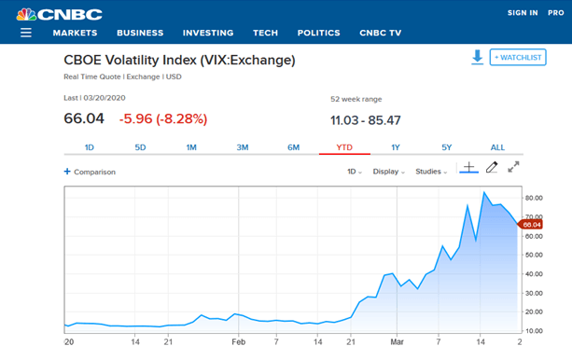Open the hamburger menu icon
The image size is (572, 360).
pos(26,33)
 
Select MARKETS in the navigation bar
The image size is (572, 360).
pos(75,33)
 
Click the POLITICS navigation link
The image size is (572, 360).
pos(318,33)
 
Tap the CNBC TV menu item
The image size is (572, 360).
pos(380,33)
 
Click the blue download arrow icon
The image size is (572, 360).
pos(477,58)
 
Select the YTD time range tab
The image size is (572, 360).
pos(344,147)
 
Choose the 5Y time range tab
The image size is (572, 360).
pos(446,147)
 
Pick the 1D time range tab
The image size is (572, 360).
pos(90,147)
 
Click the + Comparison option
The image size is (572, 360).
pos(90,172)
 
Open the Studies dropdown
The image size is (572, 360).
pos(431,172)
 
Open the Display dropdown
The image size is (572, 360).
pos(388,172)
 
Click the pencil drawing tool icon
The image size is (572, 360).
pos(492,168)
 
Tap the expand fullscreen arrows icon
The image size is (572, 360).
pos(513,168)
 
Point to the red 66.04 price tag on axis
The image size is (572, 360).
pos(531,224)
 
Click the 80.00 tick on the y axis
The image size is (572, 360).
pos(534,198)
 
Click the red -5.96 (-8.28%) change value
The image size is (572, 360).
pos(163,118)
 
